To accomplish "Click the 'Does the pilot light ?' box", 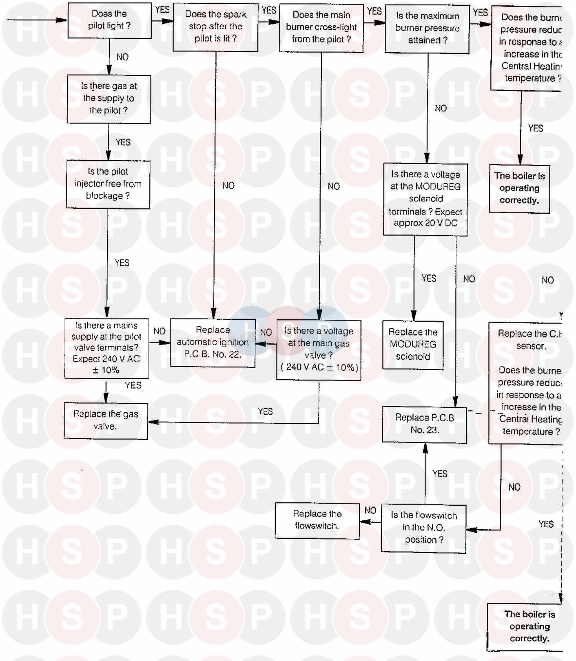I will click(109, 20).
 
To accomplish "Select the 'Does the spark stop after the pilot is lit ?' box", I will click(215, 27).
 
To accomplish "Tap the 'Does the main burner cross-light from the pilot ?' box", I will click(321, 28).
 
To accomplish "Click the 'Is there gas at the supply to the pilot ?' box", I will click(109, 99).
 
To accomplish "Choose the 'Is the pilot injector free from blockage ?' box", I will click(108, 184).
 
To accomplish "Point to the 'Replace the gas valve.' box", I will click(106, 420).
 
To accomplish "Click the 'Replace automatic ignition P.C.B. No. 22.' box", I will click(213, 342).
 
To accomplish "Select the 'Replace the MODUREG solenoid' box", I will click(413, 345).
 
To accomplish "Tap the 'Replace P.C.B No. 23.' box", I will click(424, 424).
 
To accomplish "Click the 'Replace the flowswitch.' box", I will click(317, 520).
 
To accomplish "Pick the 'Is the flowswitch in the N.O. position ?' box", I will click(424, 528).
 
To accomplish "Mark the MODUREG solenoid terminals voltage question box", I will click(425, 199).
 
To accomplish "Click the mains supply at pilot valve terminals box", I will click(106, 348).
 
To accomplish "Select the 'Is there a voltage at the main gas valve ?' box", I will click(319, 349).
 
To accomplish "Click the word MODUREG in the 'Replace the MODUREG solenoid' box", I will click(413, 344).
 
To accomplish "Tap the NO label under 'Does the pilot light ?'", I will click(122, 57).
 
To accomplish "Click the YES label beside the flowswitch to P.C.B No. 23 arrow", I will click(440, 473).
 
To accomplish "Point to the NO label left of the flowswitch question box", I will click(370, 510).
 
